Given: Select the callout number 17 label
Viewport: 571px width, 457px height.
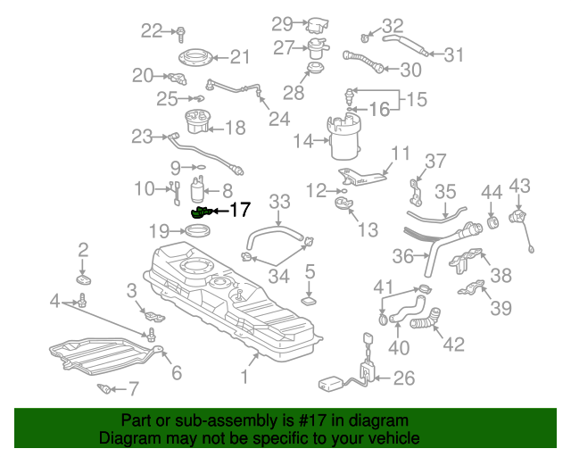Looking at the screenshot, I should [240, 211].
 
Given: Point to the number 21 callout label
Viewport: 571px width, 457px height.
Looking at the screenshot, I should [240, 57].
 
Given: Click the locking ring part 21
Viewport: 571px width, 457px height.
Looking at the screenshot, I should [194, 60].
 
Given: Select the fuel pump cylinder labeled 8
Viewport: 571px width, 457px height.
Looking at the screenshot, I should [199, 190].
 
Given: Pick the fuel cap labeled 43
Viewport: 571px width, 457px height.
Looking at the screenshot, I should [517, 217].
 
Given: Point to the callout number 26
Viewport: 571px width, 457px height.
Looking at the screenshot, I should [403, 378].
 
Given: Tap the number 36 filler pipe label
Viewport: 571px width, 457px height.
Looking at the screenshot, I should [402, 256].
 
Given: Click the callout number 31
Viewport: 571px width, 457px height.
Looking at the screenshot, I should [454, 55].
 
